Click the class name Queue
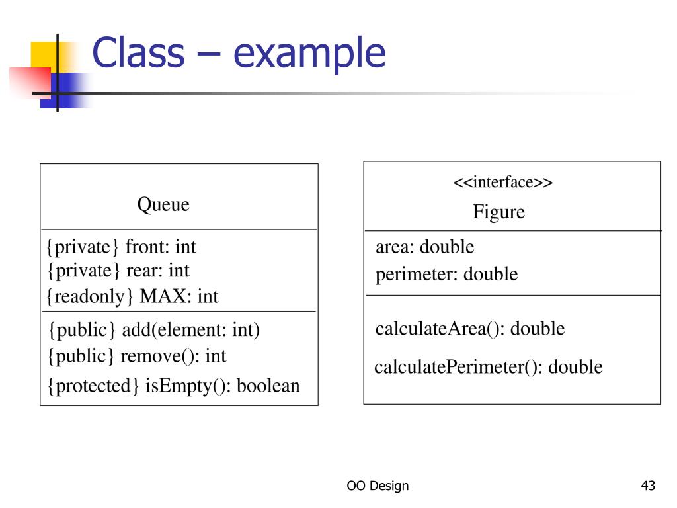point(163,204)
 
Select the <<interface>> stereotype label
point(502,182)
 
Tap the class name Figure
point(498,212)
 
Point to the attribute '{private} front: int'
point(121,247)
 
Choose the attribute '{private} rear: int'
point(118,270)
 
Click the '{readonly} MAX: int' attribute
point(132,296)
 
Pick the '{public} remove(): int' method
point(136,356)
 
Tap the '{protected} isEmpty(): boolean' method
point(173,385)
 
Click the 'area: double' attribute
point(424,247)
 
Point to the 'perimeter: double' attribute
point(446,274)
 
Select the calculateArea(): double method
point(469,328)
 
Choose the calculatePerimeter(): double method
point(488,366)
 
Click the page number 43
point(648,486)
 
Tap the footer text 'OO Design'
point(378,486)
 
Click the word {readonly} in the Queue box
point(85,296)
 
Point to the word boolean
point(268,385)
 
